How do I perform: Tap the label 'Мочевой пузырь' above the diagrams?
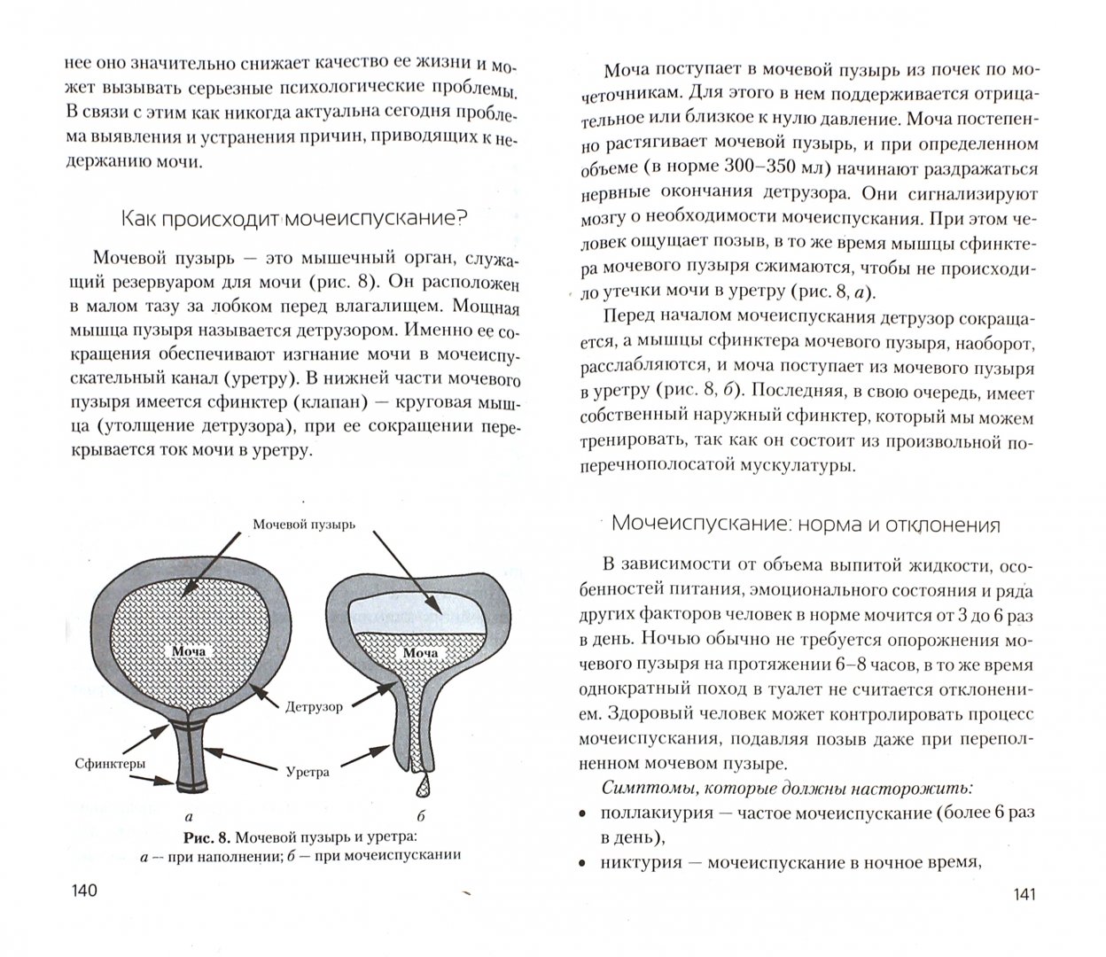[304, 524]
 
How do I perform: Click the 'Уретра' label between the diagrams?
[308, 772]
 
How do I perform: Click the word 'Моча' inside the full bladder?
[189, 651]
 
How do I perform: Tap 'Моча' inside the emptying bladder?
[421, 654]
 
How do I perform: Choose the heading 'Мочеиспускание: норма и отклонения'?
[806, 525]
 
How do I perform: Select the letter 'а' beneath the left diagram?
[189, 817]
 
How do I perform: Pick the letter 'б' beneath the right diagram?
[422, 817]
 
